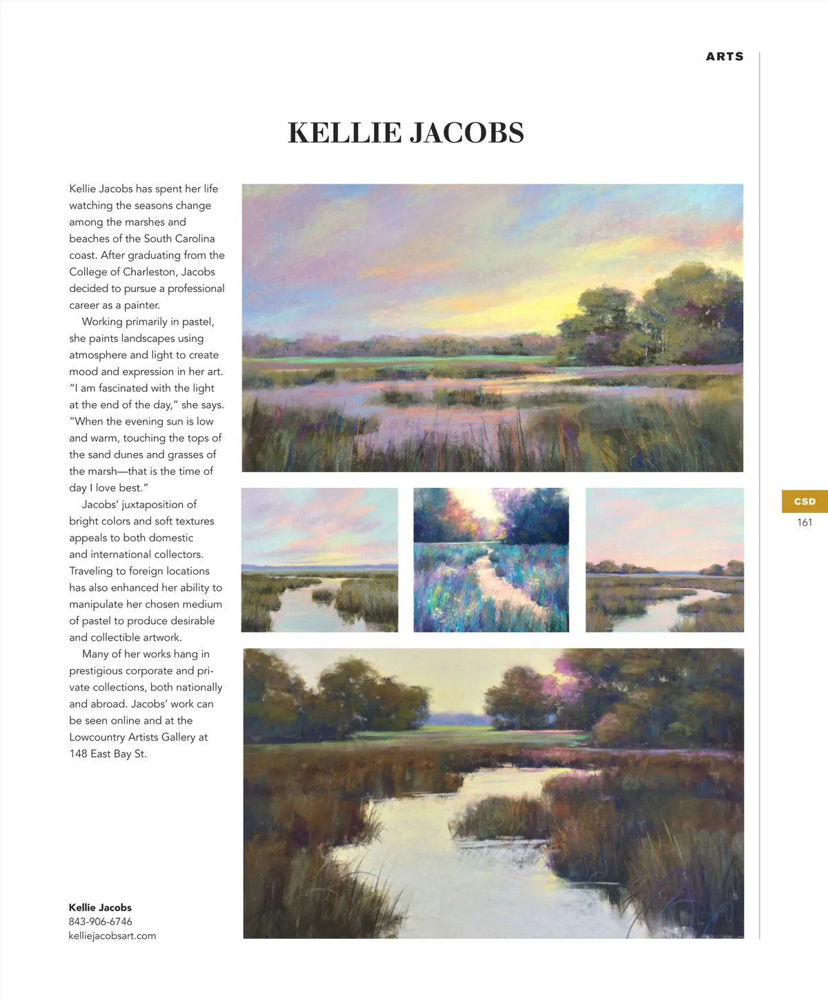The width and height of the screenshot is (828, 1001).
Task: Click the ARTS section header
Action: (x=724, y=57)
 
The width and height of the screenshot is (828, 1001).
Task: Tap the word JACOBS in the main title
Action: (x=467, y=133)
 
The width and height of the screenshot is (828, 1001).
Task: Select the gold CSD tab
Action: (x=805, y=501)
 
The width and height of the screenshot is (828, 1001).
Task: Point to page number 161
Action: (x=805, y=523)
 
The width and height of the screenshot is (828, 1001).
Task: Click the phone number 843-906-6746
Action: (x=100, y=922)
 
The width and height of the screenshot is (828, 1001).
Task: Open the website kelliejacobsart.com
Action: (x=112, y=936)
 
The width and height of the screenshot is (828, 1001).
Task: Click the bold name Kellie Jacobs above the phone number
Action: (x=100, y=908)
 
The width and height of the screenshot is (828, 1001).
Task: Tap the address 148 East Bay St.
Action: (x=108, y=754)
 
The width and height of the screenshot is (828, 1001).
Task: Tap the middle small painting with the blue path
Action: (x=491, y=560)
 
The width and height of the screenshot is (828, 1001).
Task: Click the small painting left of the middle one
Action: (x=319, y=560)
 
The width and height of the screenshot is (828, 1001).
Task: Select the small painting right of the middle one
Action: (x=664, y=560)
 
